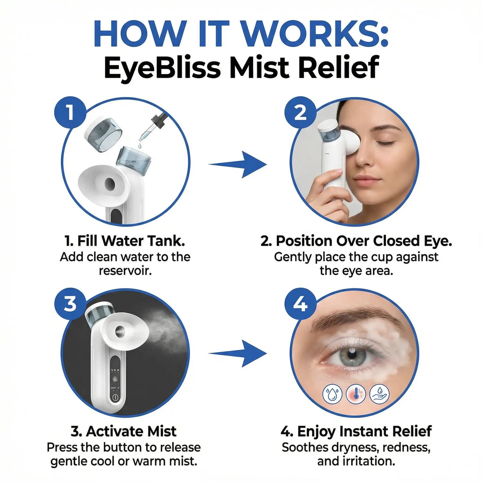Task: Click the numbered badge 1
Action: (x=70, y=113)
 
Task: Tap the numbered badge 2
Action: (x=300, y=113)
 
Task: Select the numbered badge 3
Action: (x=70, y=304)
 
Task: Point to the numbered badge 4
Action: (x=300, y=304)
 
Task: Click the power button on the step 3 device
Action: (x=115, y=397)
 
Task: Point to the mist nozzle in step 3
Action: (x=119, y=332)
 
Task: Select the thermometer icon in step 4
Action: (x=356, y=394)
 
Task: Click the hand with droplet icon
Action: (x=379, y=394)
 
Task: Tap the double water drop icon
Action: (x=332, y=394)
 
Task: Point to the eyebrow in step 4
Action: (x=354, y=317)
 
